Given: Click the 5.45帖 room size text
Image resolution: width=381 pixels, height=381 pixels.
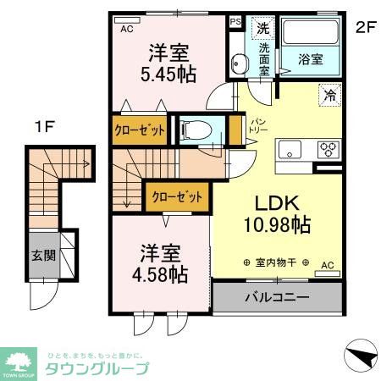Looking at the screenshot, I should (167, 74).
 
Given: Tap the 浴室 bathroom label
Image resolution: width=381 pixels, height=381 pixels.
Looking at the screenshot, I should (311, 59).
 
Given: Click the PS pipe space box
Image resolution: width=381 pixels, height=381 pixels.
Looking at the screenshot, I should (235, 22).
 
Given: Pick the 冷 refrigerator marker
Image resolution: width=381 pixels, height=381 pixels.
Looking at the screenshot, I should (329, 96).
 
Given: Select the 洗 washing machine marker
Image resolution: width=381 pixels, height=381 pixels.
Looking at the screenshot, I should (263, 28).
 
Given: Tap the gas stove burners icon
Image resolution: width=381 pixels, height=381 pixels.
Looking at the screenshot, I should (328, 150).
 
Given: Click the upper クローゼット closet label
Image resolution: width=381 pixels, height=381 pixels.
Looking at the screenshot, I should (140, 130).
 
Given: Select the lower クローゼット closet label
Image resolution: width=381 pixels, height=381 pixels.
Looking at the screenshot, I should (177, 197).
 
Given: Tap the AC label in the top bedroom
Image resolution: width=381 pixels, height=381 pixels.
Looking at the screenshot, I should (127, 30).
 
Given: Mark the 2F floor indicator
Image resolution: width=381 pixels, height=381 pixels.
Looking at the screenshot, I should (364, 26).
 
